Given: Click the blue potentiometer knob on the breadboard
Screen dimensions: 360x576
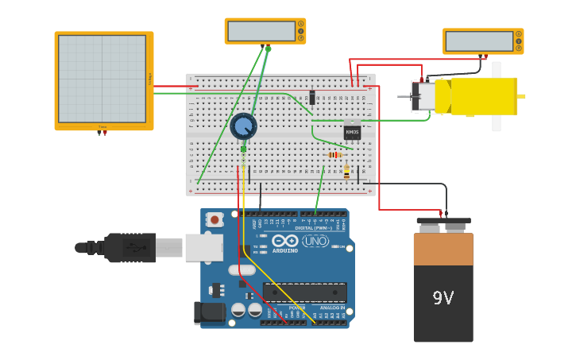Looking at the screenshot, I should [x=243, y=126].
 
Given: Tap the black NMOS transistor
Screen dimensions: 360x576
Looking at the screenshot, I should [x=352, y=132].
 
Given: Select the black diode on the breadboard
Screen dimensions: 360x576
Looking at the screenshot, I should [x=312, y=97].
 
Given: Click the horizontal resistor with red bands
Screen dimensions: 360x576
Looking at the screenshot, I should [x=335, y=154].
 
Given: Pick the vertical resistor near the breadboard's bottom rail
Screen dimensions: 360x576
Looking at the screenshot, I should [x=346, y=171].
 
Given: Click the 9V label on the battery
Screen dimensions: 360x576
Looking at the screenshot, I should [x=443, y=298].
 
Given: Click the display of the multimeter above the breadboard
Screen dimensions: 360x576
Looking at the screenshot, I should [x=261, y=31].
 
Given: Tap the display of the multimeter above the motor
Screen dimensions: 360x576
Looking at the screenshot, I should [x=478, y=41].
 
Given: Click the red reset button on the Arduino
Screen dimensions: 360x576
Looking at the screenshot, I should [x=214, y=219].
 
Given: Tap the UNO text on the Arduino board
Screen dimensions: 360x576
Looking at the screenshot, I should [x=315, y=241].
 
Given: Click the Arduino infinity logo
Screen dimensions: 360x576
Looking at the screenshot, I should [x=284, y=241].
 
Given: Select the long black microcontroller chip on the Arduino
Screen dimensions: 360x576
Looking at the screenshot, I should [x=305, y=292].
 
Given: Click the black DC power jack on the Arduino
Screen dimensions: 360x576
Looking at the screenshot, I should [x=210, y=312].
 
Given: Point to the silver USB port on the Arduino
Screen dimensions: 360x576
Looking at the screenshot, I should [x=204, y=248].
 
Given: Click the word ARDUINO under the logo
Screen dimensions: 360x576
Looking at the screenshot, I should [x=285, y=251].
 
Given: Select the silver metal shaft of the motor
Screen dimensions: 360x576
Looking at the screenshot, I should [x=404, y=97].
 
